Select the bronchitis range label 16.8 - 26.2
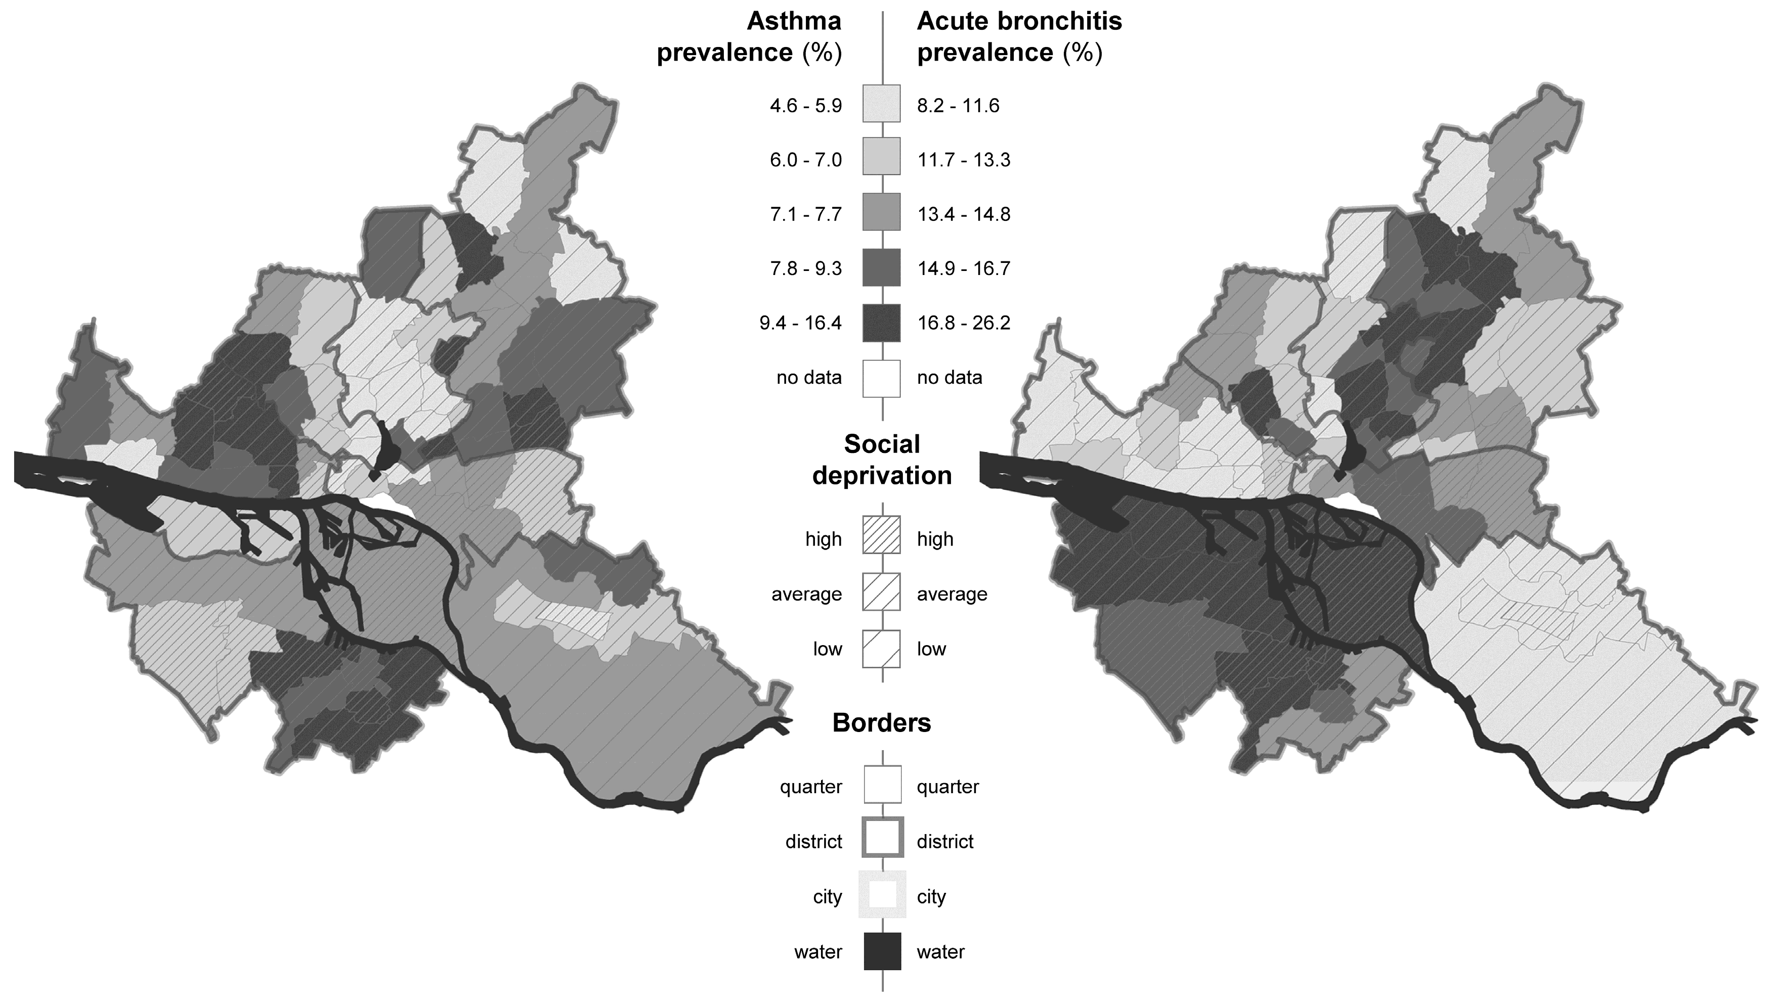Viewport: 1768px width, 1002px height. [963, 323]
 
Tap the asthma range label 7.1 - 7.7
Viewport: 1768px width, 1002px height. [805, 214]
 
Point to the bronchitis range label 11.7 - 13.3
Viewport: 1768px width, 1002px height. [963, 160]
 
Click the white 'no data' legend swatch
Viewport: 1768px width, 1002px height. [881, 378]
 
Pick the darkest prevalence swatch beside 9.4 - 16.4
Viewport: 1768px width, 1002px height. [881, 323]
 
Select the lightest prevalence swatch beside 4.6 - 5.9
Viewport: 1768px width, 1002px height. [881, 104]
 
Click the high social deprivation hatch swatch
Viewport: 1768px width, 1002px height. [881, 535]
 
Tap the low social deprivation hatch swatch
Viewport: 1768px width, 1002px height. [881, 648]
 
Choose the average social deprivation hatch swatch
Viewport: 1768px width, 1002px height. [881, 592]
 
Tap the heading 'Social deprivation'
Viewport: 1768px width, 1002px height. [882, 460]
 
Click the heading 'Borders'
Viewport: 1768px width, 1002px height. [881, 722]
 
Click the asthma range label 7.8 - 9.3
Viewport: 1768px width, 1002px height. [805, 268]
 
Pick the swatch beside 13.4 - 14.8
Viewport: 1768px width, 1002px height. [881, 212]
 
